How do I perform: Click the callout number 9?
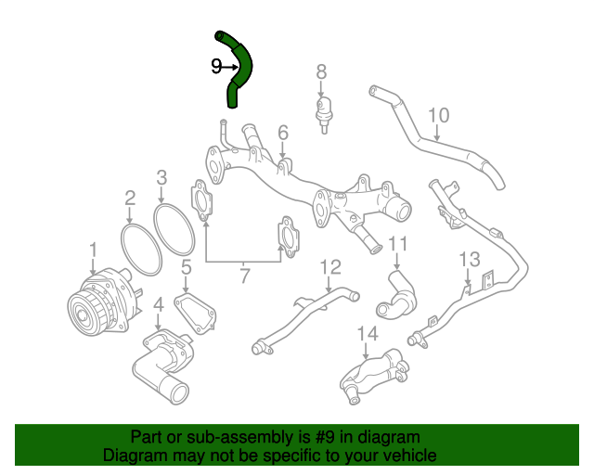(x=215, y=66)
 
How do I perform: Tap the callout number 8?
(x=321, y=71)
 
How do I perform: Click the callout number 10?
(x=438, y=116)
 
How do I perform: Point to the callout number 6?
(x=283, y=133)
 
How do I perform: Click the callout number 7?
(x=244, y=275)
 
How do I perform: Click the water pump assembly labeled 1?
(x=97, y=302)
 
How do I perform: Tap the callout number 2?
(x=130, y=197)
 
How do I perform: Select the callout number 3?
(x=161, y=177)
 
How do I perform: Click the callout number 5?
(x=186, y=269)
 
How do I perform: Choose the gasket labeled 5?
(x=195, y=311)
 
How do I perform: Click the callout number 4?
(x=158, y=304)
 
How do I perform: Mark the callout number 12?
(x=330, y=268)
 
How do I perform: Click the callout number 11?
(x=397, y=245)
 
